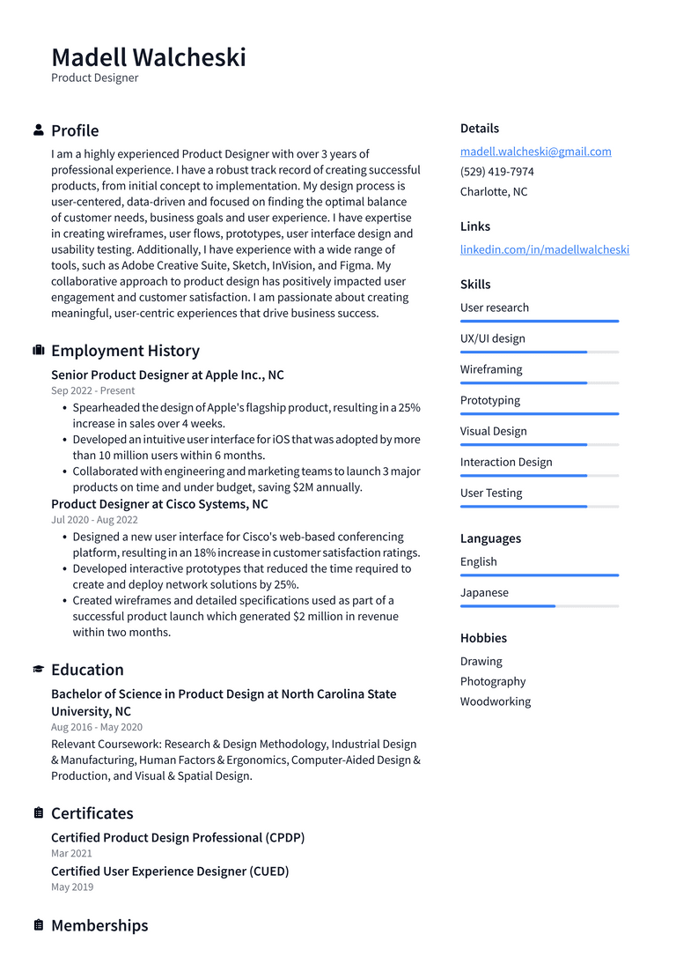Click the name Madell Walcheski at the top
click(x=149, y=57)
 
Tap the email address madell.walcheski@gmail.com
click(x=535, y=152)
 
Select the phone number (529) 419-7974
click(x=496, y=172)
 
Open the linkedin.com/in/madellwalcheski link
click(x=544, y=249)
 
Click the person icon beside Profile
click(x=39, y=130)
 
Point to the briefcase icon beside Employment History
click(x=39, y=351)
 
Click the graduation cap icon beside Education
click(x=39, y=670)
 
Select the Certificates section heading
click(x=92, y=813)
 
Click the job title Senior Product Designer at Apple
click(x=167, y=375)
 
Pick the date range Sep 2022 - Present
click(x=92, y=390)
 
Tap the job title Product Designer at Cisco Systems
click(x=159, y=505)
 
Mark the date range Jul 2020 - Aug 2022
click(x=94, y=520)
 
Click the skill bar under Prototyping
click(x=539, y=414)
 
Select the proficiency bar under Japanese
click(x=539, y=606)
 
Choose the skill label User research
click(x=494, y=308)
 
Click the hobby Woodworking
click(x=495, y=702)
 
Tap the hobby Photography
click(x=492, y=682)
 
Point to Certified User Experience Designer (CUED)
click(x=170, y=872)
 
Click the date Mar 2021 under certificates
click(x=71, y=853)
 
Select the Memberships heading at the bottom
click(x=99, y=925)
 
